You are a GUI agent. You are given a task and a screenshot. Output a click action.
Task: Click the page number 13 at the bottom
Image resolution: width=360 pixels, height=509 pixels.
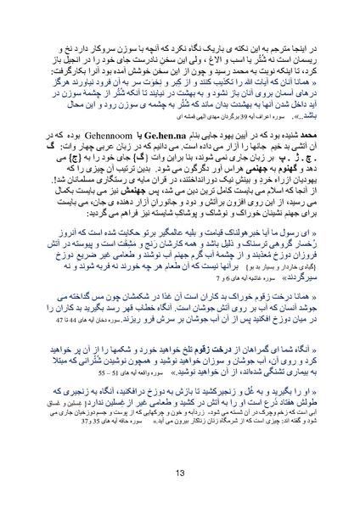[180, 473]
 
